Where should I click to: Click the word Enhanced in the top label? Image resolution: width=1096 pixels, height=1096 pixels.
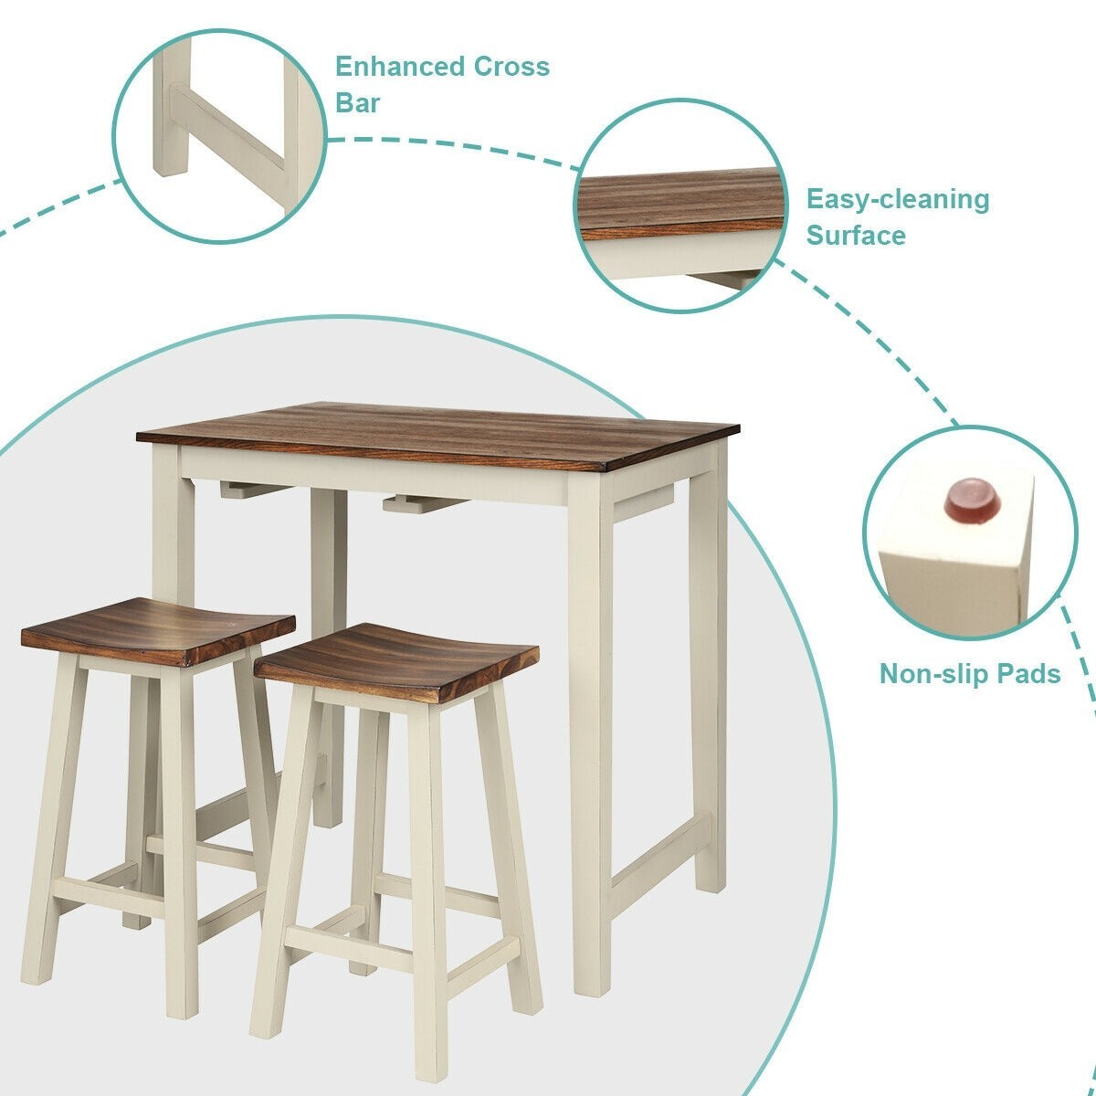399,67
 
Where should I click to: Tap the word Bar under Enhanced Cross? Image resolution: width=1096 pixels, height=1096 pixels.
358,102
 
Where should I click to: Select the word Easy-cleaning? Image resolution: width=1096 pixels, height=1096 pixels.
897,199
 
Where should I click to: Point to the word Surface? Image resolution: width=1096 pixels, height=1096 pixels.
856,236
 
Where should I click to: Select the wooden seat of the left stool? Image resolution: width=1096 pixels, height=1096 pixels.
157,627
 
